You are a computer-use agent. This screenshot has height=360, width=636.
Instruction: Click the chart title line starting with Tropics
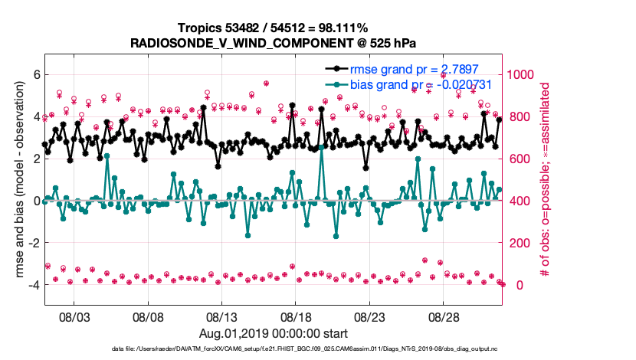[274, 28]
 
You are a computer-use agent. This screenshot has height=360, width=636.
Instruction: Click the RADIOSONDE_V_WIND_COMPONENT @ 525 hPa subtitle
[274, 42]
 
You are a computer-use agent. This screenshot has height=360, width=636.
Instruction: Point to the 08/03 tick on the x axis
[75, 316]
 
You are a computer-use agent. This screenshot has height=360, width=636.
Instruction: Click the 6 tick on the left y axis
[36, 74]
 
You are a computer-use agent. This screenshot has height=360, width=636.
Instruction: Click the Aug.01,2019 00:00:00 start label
[274, 333]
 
